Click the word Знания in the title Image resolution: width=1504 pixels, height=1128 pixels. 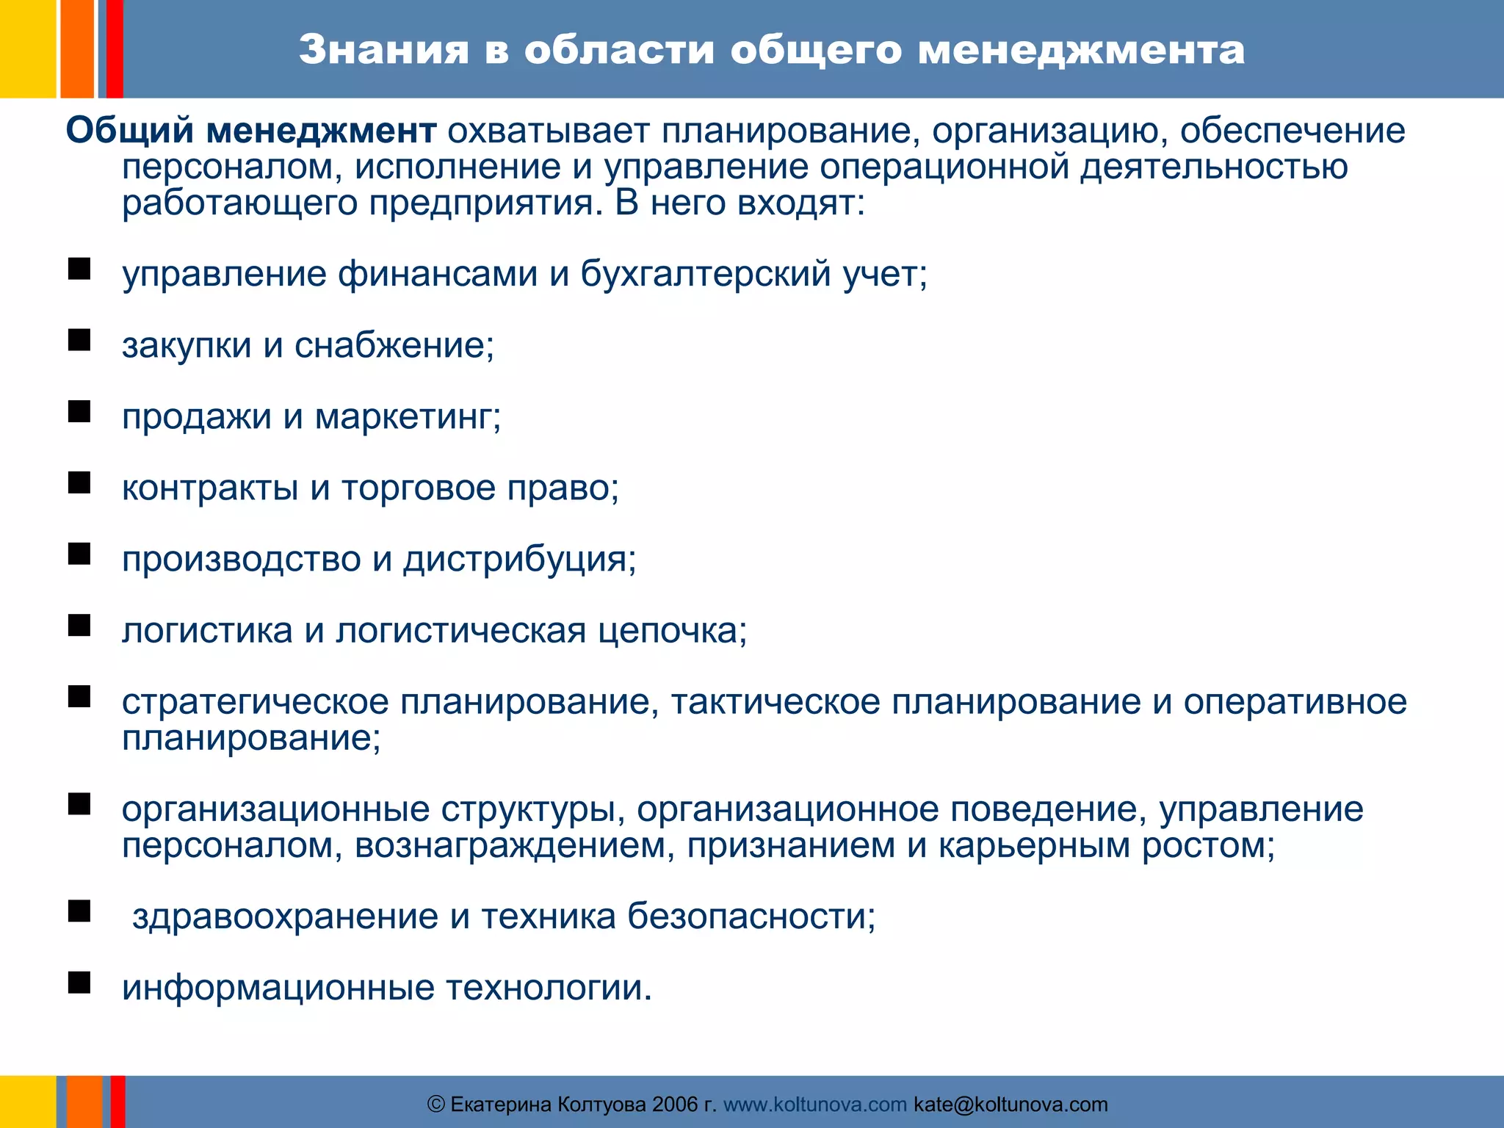coord(383,50)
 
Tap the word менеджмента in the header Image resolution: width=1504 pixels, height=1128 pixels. coord(1081,50)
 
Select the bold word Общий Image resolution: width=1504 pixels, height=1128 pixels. coord(130,131)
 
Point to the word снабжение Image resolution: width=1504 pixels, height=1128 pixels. coord(394,345)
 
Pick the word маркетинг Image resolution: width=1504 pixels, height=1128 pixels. coord(408,417)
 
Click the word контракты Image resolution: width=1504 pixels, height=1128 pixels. coord(210,488)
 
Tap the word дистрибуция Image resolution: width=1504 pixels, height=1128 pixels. coord(519,560)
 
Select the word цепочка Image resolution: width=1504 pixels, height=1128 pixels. coord(671,631)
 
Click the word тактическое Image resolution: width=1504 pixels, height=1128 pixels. coord(775,702)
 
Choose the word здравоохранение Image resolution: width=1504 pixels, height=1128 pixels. coord(285,916)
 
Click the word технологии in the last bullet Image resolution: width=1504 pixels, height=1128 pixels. coord(549,988)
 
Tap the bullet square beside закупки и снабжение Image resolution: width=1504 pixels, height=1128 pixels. coord(79,340)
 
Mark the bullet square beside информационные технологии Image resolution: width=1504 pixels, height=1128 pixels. coord(79,983)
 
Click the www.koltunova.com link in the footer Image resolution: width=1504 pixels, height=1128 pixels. coord(814,1104)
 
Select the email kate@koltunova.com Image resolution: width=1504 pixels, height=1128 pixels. coord(1010,1104)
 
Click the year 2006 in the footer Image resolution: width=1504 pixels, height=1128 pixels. coord(675,1104)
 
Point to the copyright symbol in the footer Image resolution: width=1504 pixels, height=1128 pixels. coord(435,1104)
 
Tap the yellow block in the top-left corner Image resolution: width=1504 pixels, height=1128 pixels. coord(27,48)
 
